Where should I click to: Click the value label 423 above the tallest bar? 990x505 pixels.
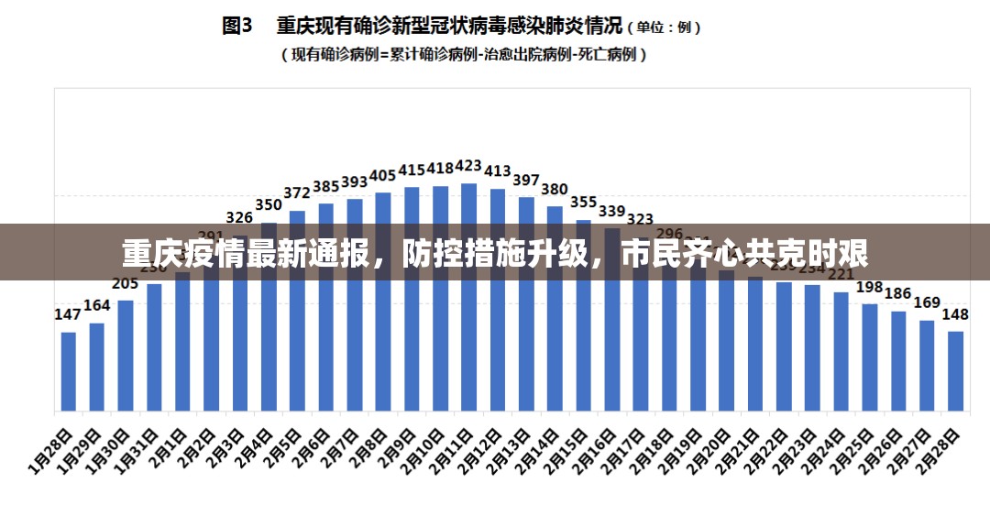click(468, 166)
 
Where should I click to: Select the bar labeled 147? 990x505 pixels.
click(69, 370)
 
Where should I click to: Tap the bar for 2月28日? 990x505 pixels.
click(955, 370)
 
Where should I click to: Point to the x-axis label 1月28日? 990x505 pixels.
click(53, 452)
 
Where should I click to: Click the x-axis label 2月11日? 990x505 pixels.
click(454, 452)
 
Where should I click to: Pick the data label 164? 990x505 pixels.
click(97, 305)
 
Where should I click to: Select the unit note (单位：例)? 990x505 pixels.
click(665, 27)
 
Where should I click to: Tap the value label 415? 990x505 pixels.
click(412, 170)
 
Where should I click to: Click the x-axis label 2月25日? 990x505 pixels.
click(854, 452)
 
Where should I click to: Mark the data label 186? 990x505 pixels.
click(898, 294)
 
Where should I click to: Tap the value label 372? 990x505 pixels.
click(297, 193)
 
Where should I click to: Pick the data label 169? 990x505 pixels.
click(927, 302)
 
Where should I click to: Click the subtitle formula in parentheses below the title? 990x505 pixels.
click(464, 55)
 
